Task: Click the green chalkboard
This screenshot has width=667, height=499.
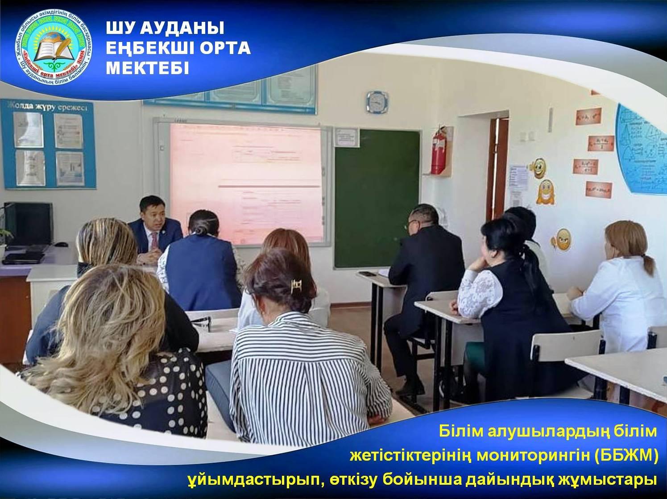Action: pyautogui.click(x=377, y=196)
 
